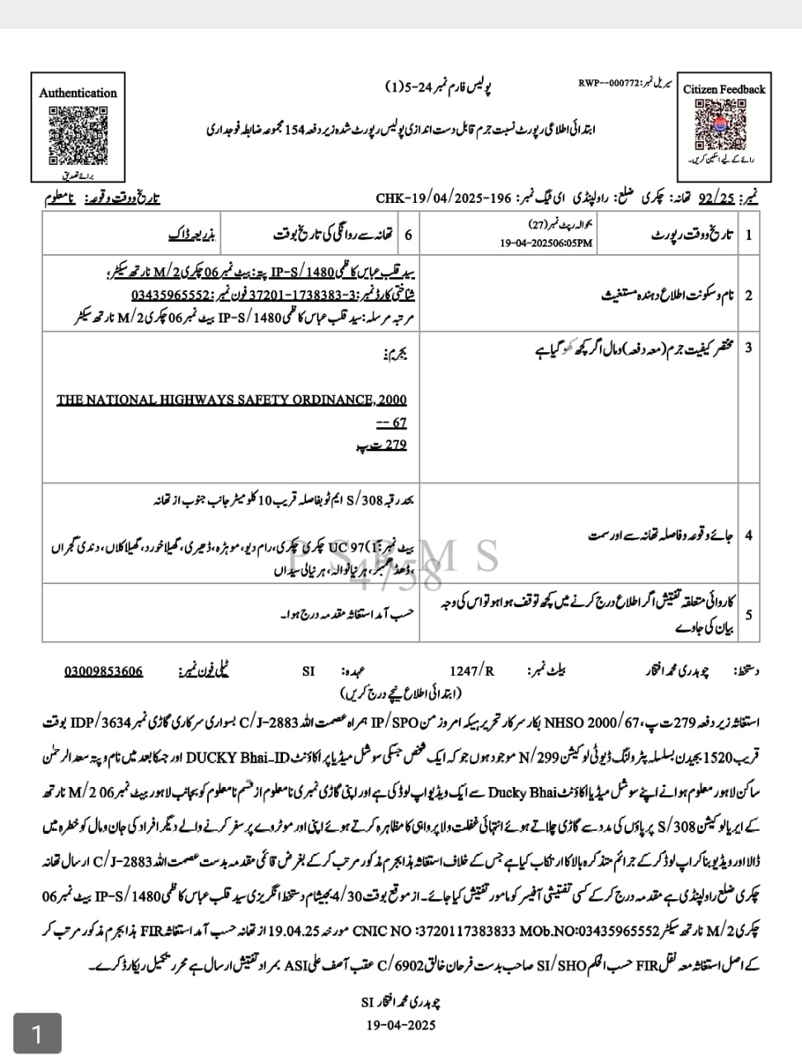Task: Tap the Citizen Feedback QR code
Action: coord(723,124)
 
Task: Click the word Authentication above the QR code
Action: coord(78,93)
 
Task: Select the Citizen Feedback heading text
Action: coord(724,89)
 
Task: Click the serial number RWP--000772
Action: coord(608,84)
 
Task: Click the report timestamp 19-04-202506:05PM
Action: coord(546,243)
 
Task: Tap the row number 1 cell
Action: coord(748,235)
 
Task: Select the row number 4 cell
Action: coord(748,535)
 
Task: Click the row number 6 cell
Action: coord(408,235)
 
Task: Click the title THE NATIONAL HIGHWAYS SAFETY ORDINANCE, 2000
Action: coord(232,400)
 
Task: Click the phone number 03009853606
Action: coord(103,671)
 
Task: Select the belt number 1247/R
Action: coord(472,672)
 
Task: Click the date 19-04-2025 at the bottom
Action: coord(400,1025)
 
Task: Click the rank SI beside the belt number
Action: coord(309,672)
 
